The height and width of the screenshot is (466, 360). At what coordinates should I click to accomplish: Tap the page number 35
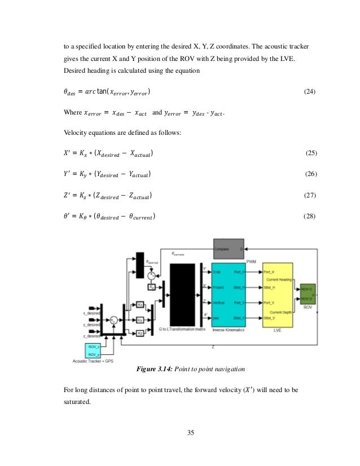pyautogui.click(x=189, y=433)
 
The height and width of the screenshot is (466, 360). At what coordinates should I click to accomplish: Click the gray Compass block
pyautogui.click(x=228, y=248)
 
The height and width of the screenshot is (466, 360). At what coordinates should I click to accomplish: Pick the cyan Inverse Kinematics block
pyautogui.click(x=228, y=294)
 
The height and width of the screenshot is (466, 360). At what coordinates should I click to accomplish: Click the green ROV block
pyautogui.click(x=308, y=294)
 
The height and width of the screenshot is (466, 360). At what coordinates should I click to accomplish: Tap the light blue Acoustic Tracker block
pyautogui.click(x=94, y=349)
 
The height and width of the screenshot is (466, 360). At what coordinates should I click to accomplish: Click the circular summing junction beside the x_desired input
pyautogui.click(x=114, y=319)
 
